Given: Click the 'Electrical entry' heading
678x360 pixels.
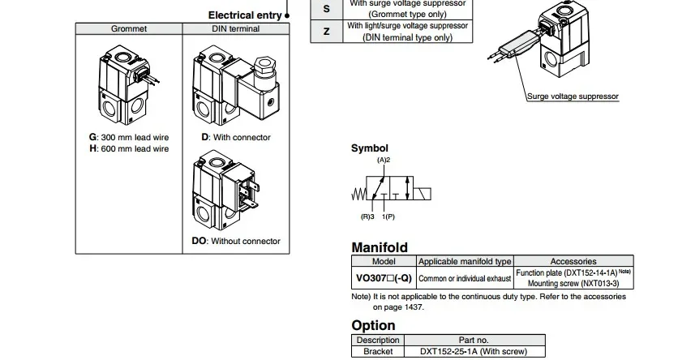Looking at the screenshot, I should coord(245,15).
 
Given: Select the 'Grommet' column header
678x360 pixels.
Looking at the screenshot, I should coord(129,29).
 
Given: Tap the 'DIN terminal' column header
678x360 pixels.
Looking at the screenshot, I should coord(236,29).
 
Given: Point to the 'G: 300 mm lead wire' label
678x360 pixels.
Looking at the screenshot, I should coord(129,138).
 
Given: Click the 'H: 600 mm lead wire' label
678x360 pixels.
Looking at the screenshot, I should coord(129,149).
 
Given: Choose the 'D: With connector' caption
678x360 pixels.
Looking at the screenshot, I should coord(236,138).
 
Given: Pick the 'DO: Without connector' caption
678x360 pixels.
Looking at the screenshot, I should coord(236,242).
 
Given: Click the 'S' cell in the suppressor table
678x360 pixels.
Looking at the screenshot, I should coord(327,8).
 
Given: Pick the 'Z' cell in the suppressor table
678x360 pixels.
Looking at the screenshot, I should coord(327,32).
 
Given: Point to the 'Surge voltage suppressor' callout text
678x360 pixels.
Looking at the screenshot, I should coord(573,96).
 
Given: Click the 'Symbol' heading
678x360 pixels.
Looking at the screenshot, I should coord(369,148).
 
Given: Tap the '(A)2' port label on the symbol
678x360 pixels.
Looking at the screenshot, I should coord(384,161).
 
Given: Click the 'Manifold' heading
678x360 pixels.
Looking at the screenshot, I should coord(379,247).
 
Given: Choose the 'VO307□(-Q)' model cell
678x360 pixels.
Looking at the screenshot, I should coord(384,278).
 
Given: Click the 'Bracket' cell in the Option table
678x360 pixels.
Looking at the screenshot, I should coord(378,352).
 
